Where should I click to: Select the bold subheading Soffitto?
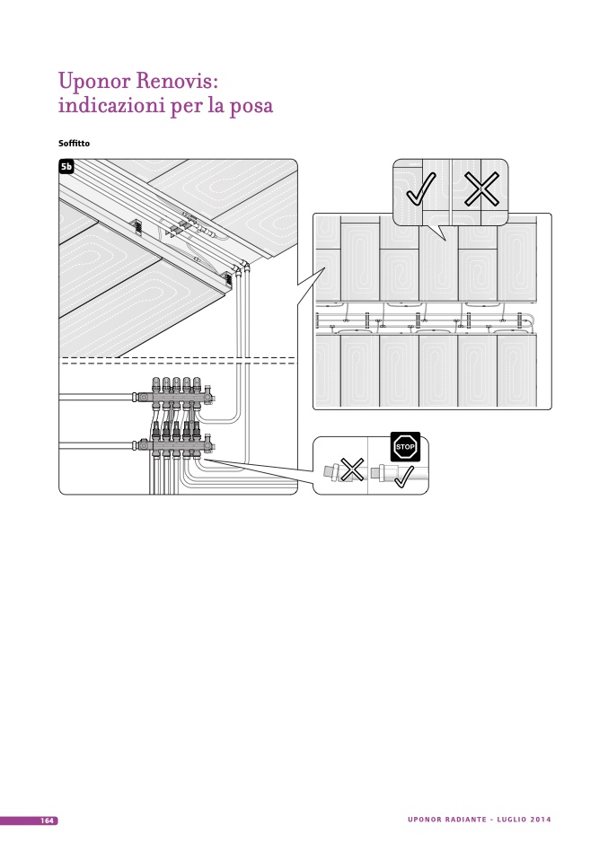tap(74, 144)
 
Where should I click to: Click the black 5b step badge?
tap(66, 166)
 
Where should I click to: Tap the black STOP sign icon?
tap(405, 446)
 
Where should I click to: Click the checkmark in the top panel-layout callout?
tap(420, 189)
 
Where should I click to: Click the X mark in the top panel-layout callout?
tap(481, 189)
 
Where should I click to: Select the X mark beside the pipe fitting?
tap(352, 468)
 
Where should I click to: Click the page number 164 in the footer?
tap(47, 821)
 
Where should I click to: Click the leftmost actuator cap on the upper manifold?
tap(155, 383)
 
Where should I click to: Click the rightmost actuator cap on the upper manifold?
tap(197, 383)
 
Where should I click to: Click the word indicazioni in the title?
tap(109, 107)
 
